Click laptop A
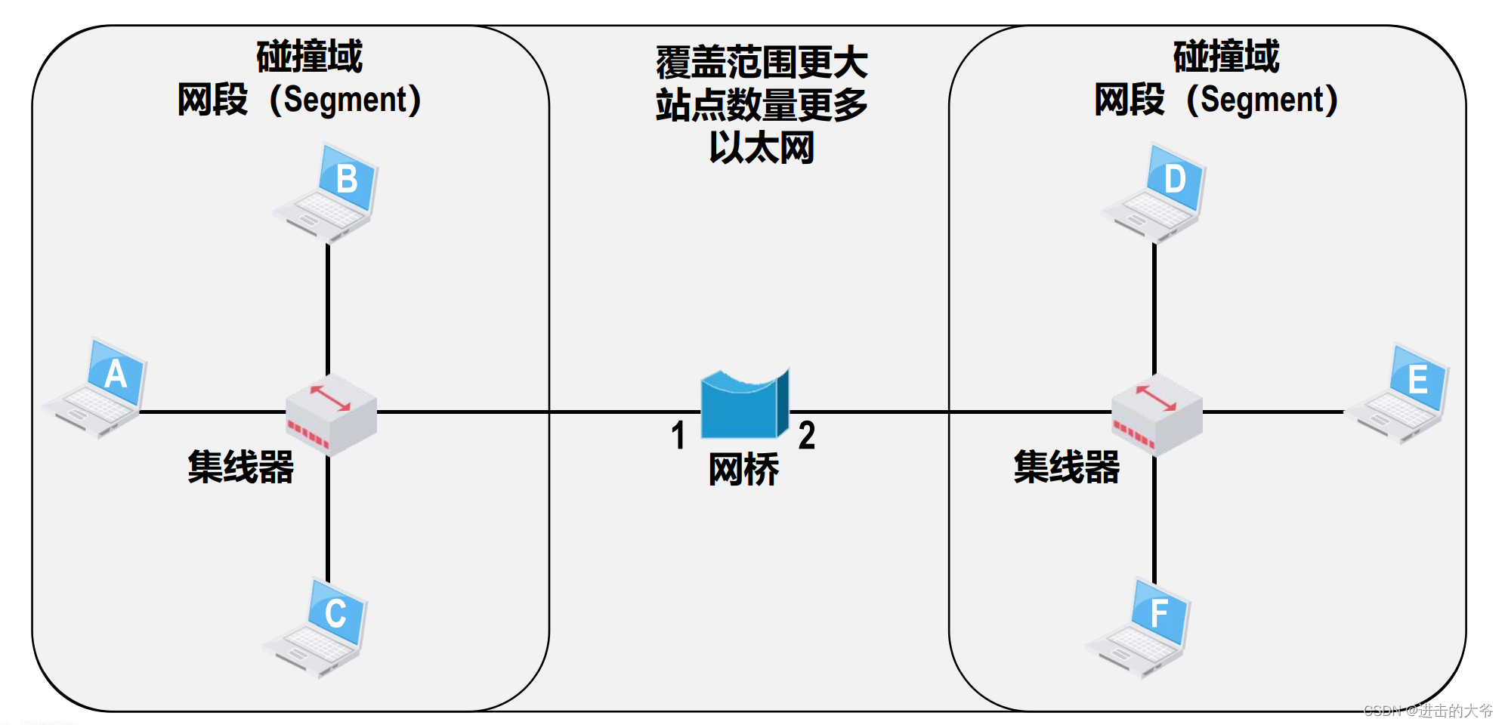pos(97,388)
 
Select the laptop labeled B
pos(329,193)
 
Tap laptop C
pos(317,628)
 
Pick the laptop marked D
pos(1156,193)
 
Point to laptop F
pos(1141,628)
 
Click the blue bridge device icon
pos(744,404)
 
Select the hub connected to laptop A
pos(331,415)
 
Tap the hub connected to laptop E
pos(1157,415)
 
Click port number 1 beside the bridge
pos(678,436)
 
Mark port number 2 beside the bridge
pos(807,436)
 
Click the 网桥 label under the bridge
pos(743,470)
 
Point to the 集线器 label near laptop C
pos(240,466)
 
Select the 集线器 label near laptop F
pos(1066,466)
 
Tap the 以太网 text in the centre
pos(762,147)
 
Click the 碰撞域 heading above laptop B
pos(310,57)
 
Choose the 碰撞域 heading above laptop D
pos(1226,57)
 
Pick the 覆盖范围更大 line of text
pos(762,62)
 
